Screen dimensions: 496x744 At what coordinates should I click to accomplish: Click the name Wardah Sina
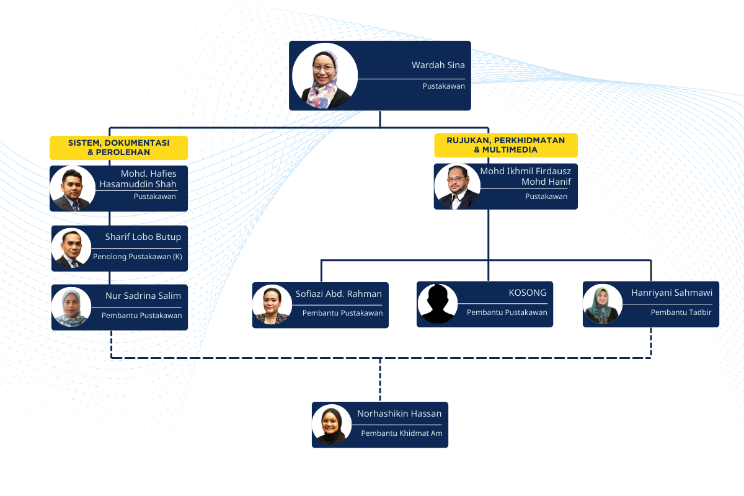point(438,65)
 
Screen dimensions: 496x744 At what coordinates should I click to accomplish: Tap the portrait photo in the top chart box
point(325,76)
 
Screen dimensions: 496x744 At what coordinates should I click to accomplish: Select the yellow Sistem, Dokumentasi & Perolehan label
point(118,147)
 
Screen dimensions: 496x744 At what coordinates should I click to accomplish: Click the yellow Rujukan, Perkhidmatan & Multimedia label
point(506,145)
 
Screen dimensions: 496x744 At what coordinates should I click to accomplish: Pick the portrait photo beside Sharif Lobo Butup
point(72,249)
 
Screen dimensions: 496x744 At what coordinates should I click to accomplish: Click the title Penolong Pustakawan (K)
point(137,257)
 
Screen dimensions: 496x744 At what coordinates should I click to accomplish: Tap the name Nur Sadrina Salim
point(143,295)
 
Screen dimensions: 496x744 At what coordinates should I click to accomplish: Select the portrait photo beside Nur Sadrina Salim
point(72,306)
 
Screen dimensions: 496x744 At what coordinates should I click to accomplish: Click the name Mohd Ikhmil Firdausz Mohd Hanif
point(525,177)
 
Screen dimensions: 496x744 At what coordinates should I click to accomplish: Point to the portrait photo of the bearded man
point(458,186)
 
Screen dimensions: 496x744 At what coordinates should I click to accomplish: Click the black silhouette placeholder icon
point(438,304)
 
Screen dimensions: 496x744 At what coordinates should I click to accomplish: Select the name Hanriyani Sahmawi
point(671,293)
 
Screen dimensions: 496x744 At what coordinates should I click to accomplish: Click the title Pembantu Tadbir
point(681,312)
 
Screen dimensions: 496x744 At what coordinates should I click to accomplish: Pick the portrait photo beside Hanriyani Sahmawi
point(603,304)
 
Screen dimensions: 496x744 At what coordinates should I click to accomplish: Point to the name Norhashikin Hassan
point(399,414)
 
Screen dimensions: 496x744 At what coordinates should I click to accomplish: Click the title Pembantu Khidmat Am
point(402,433)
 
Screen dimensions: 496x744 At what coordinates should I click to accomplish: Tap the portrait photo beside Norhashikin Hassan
point(332,425)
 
